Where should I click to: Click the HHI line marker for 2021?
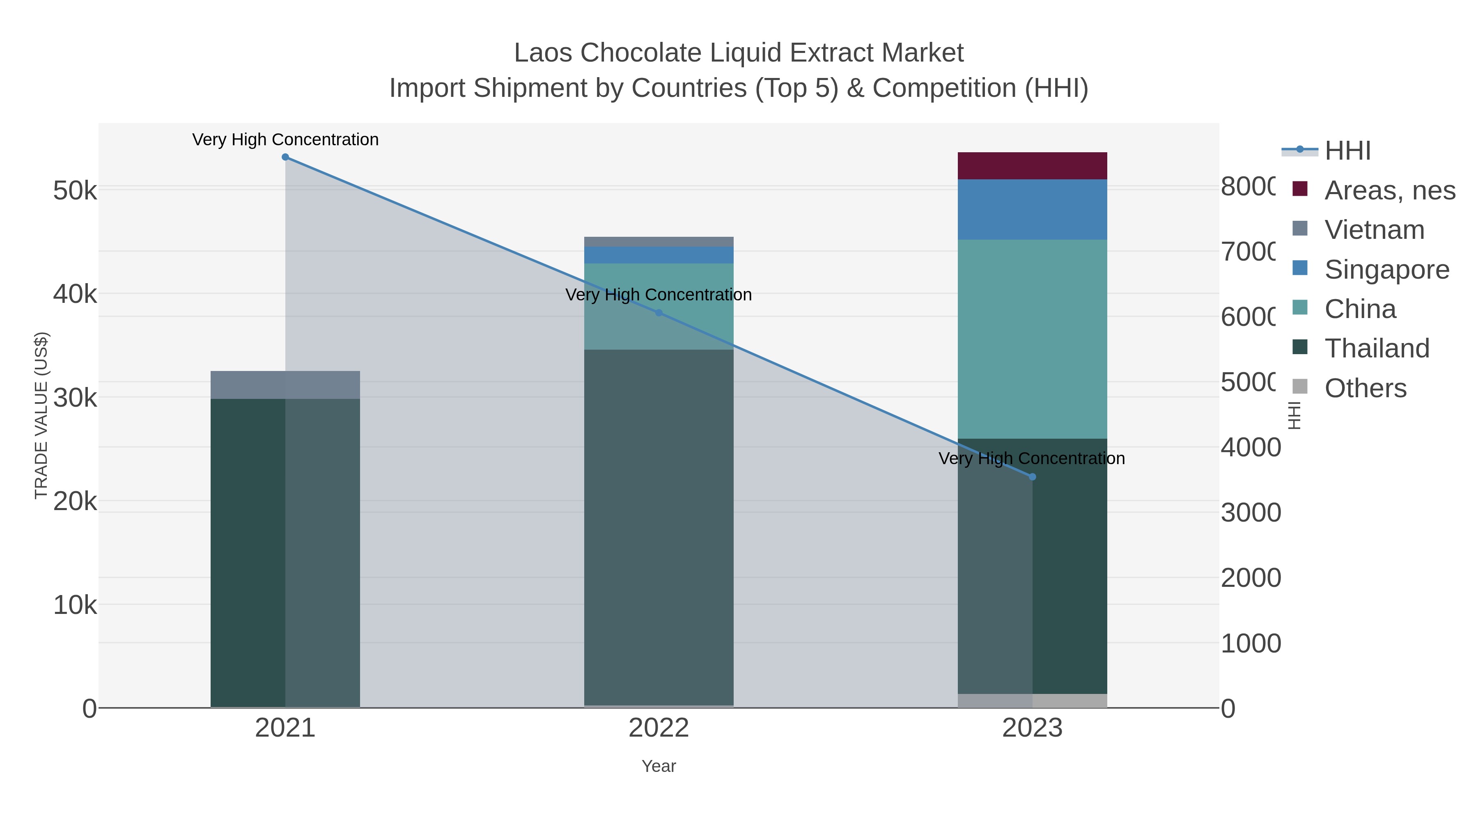[285, 157]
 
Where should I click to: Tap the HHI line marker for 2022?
[659, 313]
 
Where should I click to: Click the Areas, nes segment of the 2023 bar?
[1032, 166]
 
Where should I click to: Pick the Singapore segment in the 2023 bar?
[1032, 209]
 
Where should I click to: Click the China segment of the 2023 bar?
[1032, 339]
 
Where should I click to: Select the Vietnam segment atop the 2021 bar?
[285, 385]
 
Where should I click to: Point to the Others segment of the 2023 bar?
[1032, 701]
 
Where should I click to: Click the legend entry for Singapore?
[1386, 270]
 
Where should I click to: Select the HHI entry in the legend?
[1347, 151]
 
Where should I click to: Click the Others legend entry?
[1365, 388]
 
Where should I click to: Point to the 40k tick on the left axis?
[75, 294]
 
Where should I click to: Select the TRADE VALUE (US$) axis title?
[41, 415]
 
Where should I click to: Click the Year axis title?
[659, 766]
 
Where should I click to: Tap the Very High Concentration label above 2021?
[285, 140]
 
